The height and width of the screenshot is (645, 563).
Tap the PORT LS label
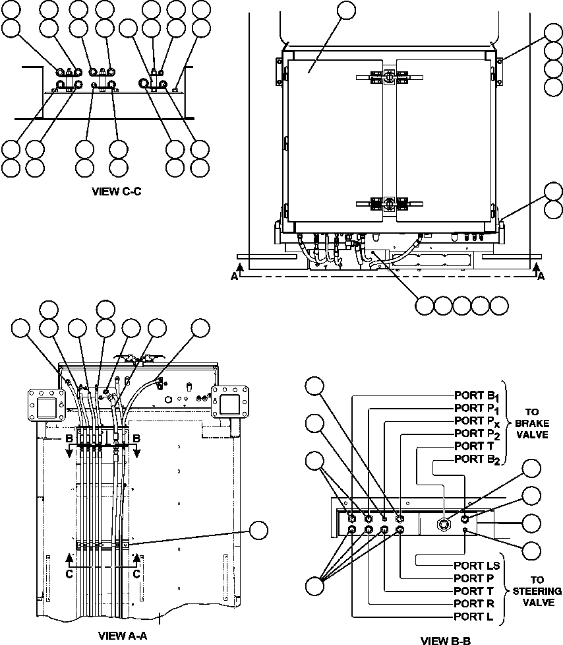tap(477, 565)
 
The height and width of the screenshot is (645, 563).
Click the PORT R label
tap(472, 603)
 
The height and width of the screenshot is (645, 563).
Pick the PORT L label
tap(471, 617)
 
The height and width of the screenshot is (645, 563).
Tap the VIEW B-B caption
tap(446, 639)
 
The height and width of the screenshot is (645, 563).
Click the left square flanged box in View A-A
tap(44, 405)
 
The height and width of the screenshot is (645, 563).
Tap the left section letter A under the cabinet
tap(235, 277)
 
